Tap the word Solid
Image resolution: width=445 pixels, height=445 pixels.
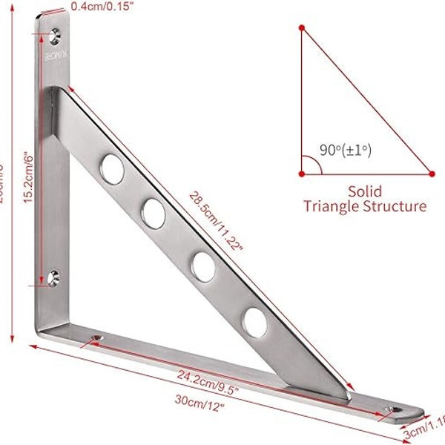click(365, 190)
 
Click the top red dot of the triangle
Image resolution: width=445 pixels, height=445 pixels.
click(302, 28)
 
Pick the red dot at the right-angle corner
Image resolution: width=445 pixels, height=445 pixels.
click(302, 174)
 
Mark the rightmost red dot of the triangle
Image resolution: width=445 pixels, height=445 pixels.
click(432, 174)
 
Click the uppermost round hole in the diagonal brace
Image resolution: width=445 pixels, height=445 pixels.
click(113, 168)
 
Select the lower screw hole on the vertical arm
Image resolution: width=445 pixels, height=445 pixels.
click(53, 278)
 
